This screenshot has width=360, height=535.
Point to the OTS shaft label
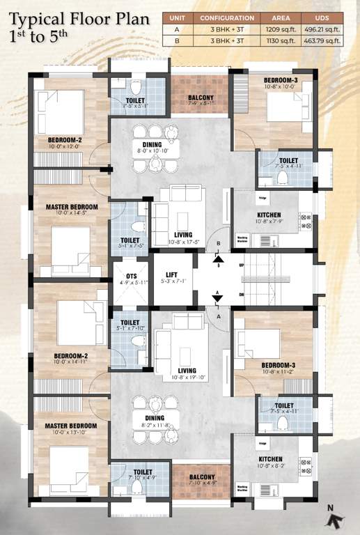(x=130, y=276)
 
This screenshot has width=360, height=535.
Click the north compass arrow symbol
(x=336, y=518)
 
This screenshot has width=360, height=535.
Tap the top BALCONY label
(x=200, y=98)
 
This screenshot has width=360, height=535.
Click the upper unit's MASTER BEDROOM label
(x=72, y=207)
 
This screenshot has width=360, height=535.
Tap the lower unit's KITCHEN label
(x=270, y=459)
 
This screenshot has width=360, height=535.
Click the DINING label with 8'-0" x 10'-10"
(x=152, y=145)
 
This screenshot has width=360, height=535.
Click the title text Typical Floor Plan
(x=80, y=19)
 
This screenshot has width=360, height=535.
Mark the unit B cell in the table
(x=176, y=41)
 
